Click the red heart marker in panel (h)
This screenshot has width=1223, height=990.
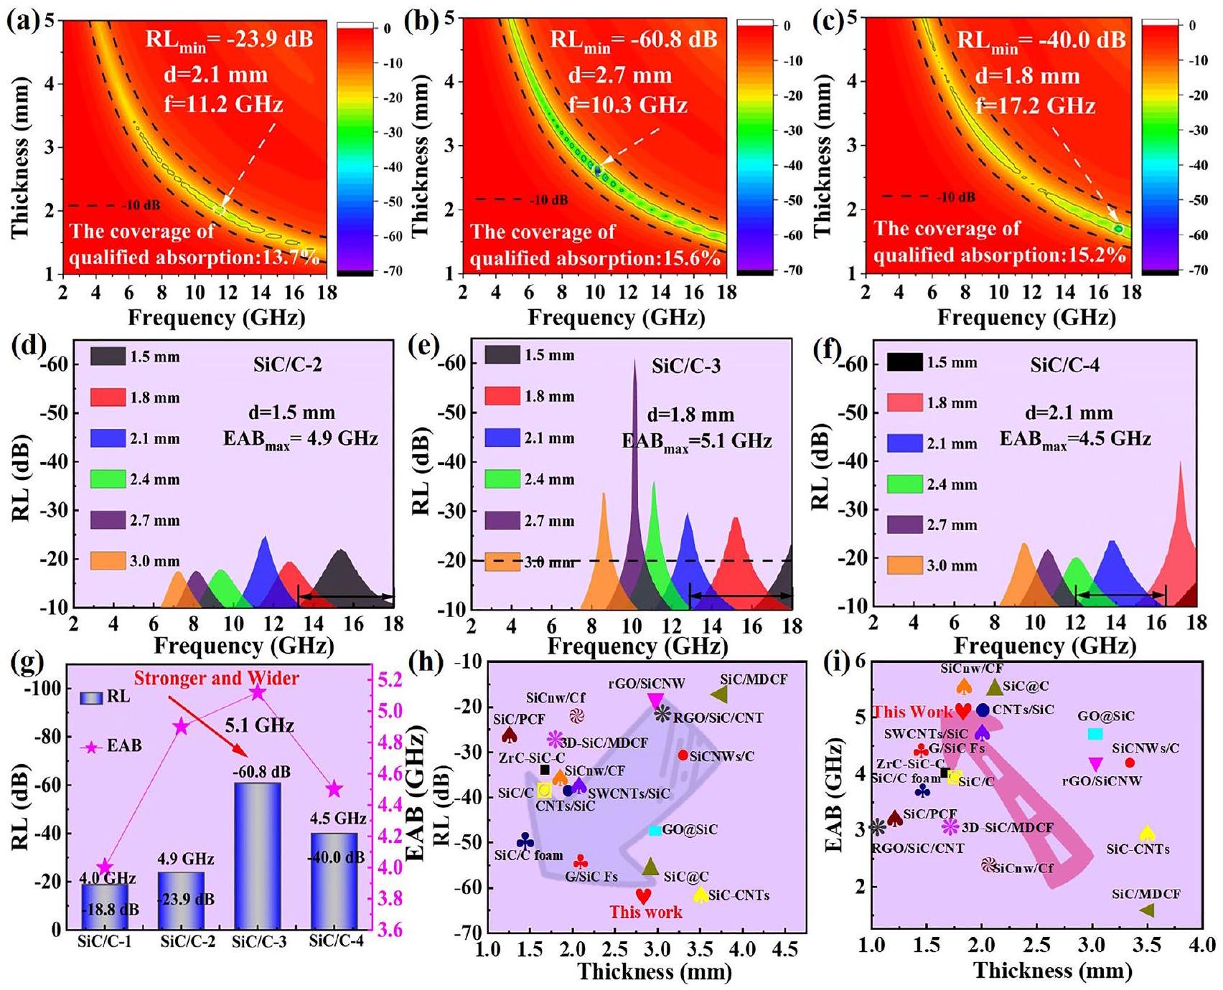[644, 896]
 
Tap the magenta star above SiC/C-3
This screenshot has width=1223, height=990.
[258, 692]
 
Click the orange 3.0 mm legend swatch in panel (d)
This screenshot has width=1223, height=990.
[108, 561]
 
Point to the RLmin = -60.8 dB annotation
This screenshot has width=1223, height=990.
[633, 39]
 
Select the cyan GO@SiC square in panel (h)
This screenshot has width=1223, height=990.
[655, 830]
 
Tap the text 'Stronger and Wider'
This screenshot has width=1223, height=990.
[217, 678]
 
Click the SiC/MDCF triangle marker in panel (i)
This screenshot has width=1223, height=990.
[1146, 910]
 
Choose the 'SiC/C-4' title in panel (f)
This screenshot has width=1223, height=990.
[1064, 365]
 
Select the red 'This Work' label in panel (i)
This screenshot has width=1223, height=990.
[912, 712]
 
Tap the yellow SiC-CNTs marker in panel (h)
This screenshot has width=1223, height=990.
[700, 895]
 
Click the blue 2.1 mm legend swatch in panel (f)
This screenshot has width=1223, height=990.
[904, 443]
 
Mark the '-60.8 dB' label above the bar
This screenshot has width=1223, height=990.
[261, 772]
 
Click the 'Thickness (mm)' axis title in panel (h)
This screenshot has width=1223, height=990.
[655, 972]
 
